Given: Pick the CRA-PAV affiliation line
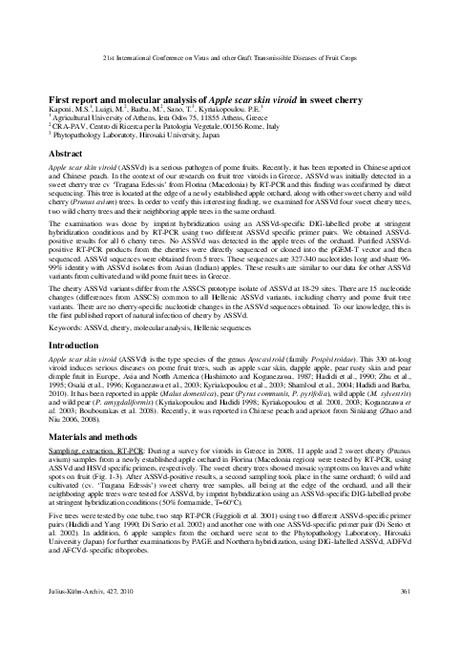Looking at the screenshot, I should point(143,127).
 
